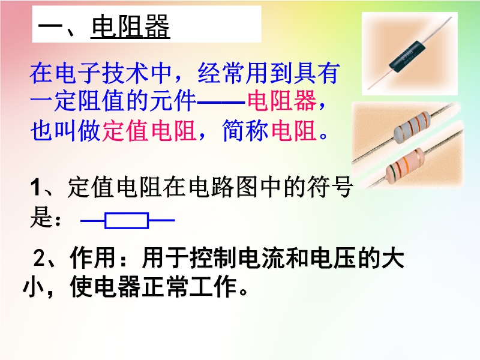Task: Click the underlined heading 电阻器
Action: click(130, 27)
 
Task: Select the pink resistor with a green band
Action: click(404, 166)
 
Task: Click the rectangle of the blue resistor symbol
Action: click(127, 220)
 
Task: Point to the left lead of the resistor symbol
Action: click(92, 220)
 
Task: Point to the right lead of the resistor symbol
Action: click(161, 220)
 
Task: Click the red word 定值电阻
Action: click(149, 131)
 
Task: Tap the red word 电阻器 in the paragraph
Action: click(281, 100)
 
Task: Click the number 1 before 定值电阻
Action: click(35, 187)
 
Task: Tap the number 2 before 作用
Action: click(39, 258)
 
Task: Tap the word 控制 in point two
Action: click(213, 258)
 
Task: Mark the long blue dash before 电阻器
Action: click(221, 101)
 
